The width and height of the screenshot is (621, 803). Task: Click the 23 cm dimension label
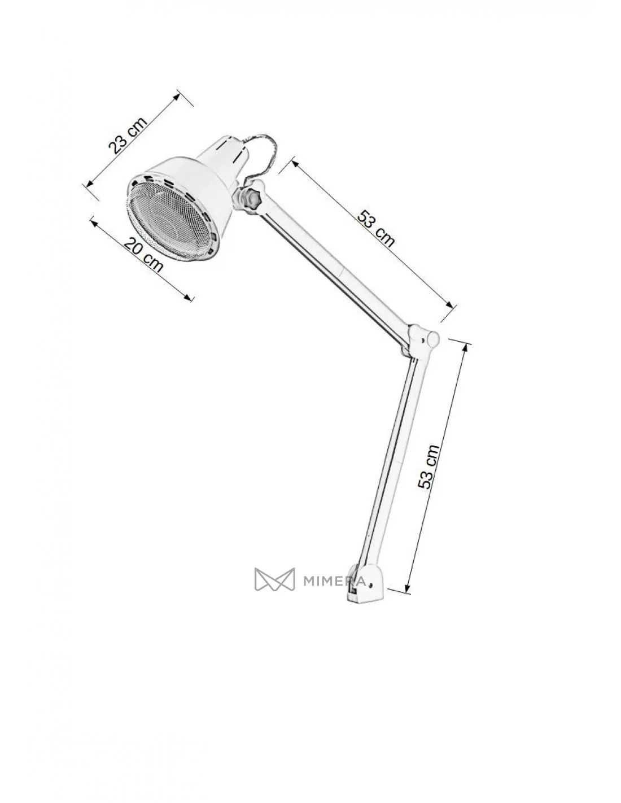128,135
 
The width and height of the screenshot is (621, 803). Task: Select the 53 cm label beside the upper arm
375,228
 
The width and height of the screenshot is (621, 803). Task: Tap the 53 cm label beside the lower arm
428,467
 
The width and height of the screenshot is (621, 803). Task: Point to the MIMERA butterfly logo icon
274,579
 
